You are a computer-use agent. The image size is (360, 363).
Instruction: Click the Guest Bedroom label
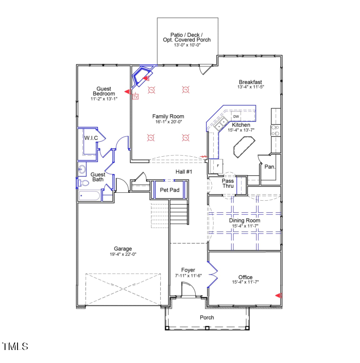[103, 91]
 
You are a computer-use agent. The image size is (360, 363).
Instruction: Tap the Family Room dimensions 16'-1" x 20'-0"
[168, 122]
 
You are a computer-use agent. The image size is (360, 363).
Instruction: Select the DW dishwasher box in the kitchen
[236, 116]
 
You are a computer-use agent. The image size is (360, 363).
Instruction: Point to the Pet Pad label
[169, 190]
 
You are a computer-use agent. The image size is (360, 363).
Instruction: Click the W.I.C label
[90, 138]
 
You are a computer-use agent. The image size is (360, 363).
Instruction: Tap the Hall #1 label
[184, 172]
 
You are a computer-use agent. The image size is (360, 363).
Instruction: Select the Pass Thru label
[228, 183]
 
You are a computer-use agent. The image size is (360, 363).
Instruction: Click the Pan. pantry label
[270, 167]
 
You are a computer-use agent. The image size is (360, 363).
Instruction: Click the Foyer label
[188, 270]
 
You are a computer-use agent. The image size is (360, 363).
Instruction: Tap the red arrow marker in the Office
[279, 296]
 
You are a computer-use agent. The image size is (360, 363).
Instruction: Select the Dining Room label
[245, 220]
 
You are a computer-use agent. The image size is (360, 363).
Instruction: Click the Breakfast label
[250, 82]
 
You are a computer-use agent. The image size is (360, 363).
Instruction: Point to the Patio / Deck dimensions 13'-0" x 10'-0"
[187, 45]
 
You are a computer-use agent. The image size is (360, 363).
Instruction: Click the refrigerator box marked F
[218, 165]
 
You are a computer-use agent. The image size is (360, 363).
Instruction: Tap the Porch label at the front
[207, 318]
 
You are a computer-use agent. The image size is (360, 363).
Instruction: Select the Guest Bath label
[97, 177]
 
